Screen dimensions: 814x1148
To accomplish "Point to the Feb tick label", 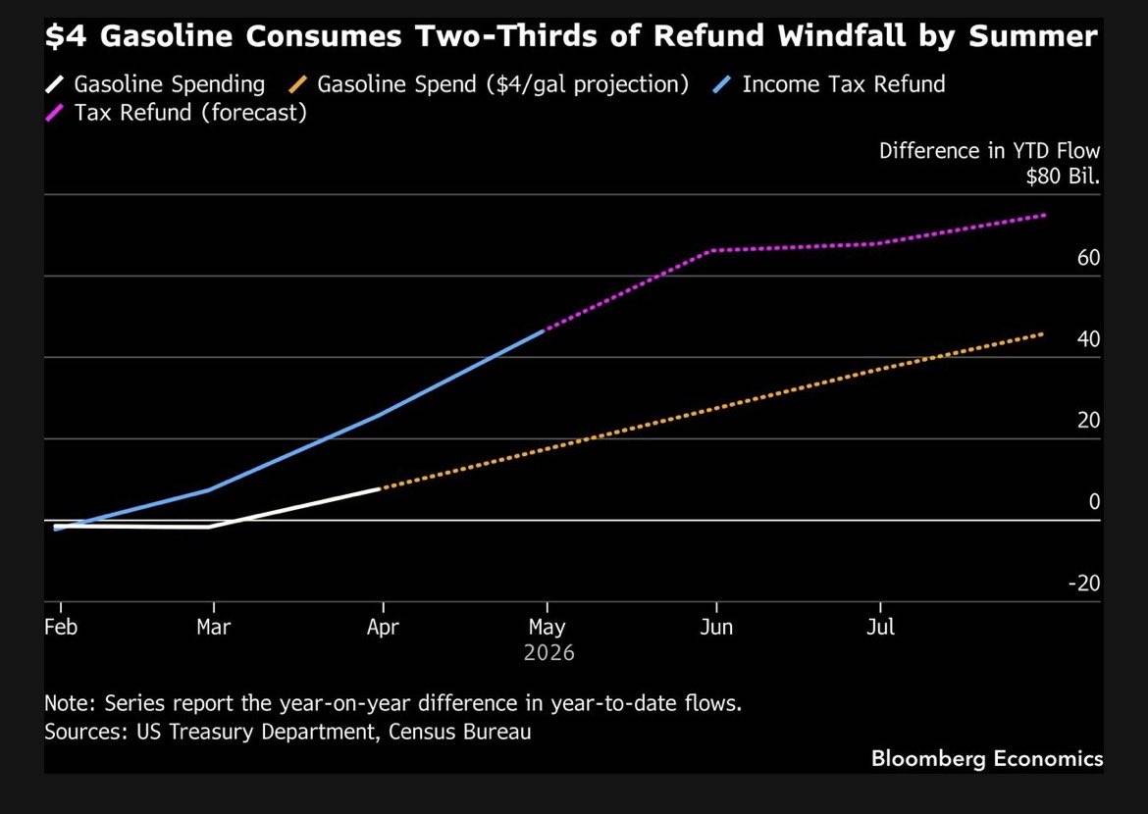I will [x=61, y=628].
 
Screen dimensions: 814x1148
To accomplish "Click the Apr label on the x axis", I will [x=383, y=628].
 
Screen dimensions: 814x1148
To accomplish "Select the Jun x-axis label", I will [x=716, y=628].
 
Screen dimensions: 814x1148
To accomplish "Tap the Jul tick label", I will [x=881, y=628].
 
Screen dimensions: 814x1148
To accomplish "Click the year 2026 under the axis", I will [x=548, y=652].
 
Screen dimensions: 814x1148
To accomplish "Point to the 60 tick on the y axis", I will [x=1088, y=258].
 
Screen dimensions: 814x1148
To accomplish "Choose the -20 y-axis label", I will [x=1084, y=584].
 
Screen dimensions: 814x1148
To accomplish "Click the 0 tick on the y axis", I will [x=1094, y=502].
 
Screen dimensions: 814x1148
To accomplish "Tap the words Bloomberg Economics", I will [x=986, y=758].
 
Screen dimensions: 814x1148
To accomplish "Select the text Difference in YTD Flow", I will [x=989, y=151].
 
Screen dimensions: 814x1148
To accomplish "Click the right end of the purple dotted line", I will [x=1044, y=215].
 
